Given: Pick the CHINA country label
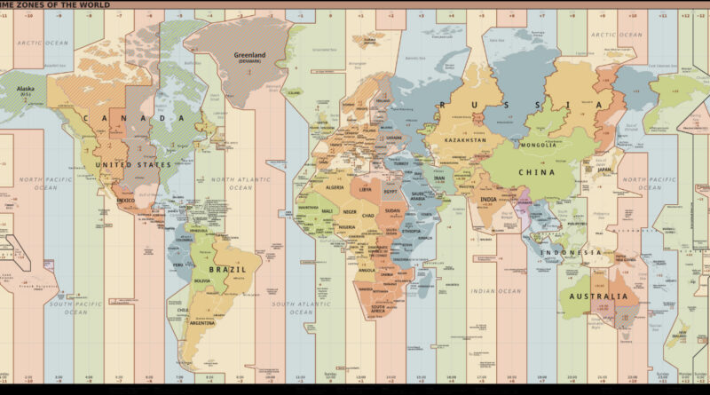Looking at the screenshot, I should coord(537,173).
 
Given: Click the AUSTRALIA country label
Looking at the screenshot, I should coord(598,296).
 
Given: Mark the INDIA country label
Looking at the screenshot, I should coord(489,200).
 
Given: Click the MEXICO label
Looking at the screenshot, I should coord(125,201).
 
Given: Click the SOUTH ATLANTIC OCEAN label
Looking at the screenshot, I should coord(294,308).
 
